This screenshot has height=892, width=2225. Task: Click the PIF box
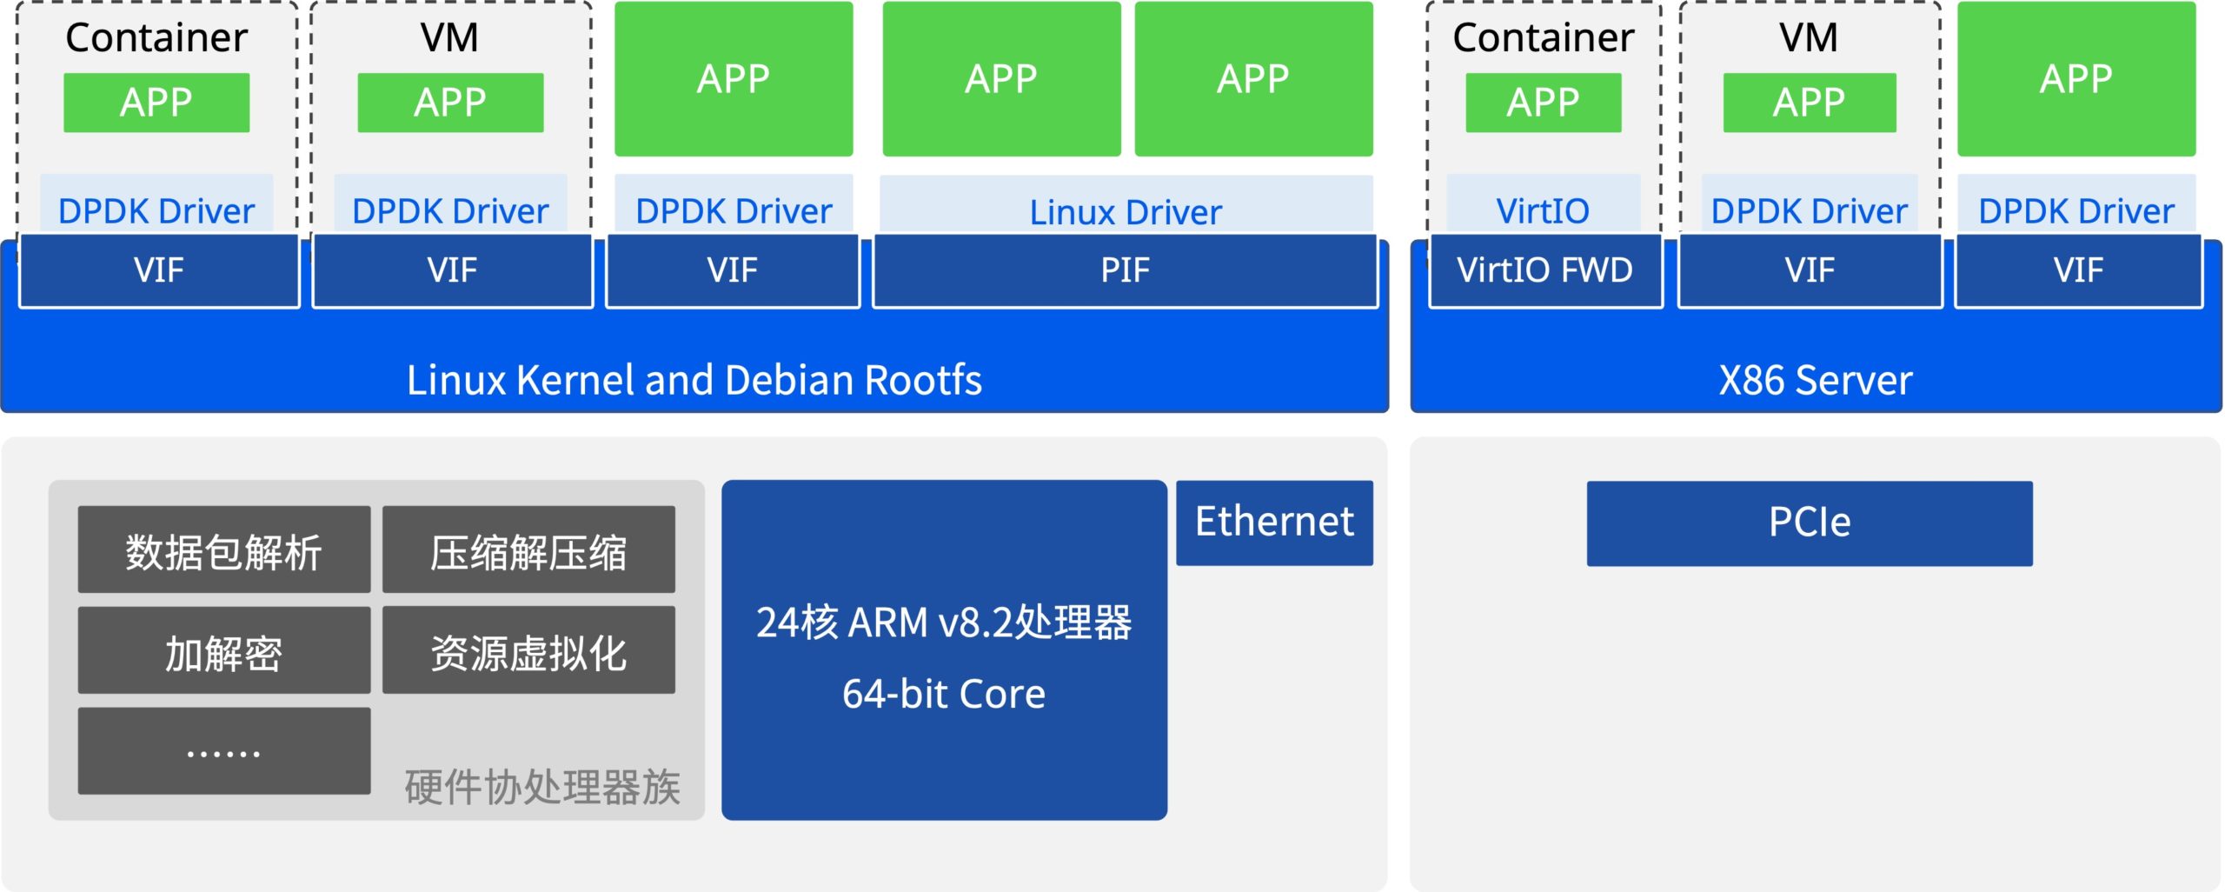[1126, 270]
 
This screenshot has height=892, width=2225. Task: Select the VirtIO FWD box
[1545, 270]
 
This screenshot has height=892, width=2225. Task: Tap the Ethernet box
[1274, 523]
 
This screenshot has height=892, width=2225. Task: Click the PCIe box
[1810, 523]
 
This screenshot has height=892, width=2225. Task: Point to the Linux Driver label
[1126, 212]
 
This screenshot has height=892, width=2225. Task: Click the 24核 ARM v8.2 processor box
[944, 649]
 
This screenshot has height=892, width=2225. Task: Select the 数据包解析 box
[224, 549]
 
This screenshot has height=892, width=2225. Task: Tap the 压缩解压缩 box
[528, 549]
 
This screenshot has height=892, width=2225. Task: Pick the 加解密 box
[224, 650]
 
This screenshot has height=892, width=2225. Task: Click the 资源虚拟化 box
[528, 650]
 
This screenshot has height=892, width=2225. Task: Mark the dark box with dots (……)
[224, 751]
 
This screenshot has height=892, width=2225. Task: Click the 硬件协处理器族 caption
[542, 788]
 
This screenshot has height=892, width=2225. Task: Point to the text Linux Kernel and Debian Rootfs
[694, 380]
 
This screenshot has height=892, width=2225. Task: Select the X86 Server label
[1816, 380]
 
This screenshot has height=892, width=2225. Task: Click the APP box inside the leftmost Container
[156, 103]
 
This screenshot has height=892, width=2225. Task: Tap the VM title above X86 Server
[1809, 37]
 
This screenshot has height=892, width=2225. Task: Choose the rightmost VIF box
[2078, 270]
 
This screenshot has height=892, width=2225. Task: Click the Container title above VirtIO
[1543, 37]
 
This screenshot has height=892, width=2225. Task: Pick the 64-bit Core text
[944, 694]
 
